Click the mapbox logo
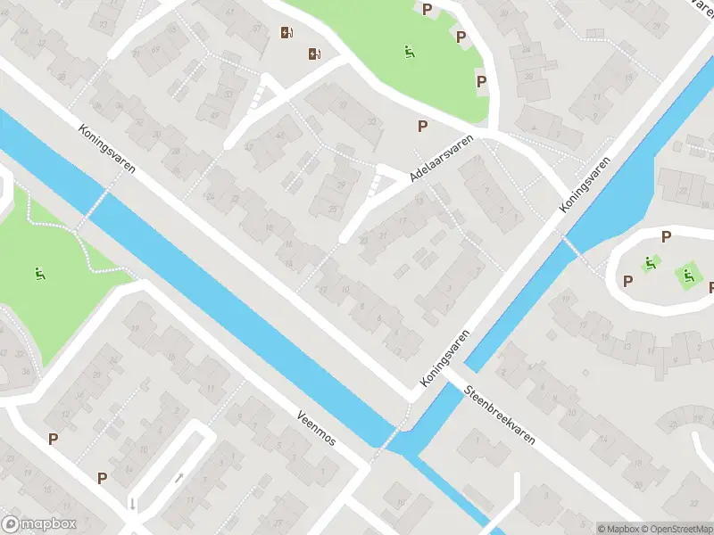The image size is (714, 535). (39, 524)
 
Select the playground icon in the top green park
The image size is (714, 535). (410, 53)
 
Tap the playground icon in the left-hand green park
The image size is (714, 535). (40, 273)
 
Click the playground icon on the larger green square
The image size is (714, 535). (688, 276)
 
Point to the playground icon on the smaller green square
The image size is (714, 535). (650, 264)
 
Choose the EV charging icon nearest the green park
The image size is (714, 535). (314, 53)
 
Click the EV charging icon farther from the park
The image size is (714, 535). (286, 34)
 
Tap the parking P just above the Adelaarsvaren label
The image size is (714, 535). (422, 127)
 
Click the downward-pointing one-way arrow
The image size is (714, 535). (133, 504)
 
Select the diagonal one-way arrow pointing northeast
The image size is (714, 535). (178, 478)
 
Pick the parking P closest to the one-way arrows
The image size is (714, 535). (102, 479)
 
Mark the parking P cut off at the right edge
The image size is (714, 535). (710, 287)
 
